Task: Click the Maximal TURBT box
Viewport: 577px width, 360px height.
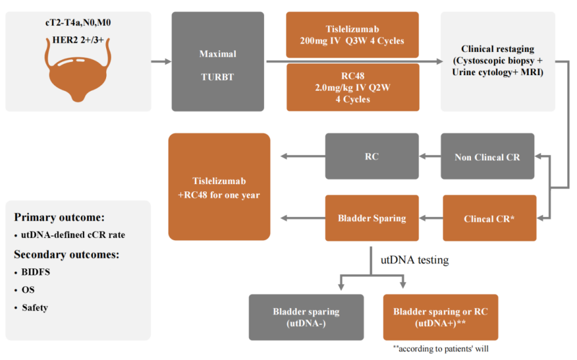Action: [x=218, y=61]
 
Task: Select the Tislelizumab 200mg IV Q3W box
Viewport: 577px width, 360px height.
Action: [x=352, y=35]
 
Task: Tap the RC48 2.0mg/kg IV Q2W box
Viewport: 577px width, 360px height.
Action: [x=352, y=87]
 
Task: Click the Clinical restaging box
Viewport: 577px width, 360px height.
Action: [x=497, y=61]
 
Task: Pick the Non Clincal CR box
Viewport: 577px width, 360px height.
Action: [x=488, y=157]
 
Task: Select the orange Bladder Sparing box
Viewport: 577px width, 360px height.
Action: [x=371, y=218]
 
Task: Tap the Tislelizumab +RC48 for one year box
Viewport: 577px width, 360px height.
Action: [x=219, y=187]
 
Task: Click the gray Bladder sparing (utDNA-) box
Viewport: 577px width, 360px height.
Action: [x=306, y=317]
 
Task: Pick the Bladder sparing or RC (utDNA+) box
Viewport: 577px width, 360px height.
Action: [x=440, y=317]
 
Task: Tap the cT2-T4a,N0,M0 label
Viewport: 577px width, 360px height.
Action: [x=77, y=24]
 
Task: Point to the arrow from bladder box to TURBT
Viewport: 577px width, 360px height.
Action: [x=161, y=61]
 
